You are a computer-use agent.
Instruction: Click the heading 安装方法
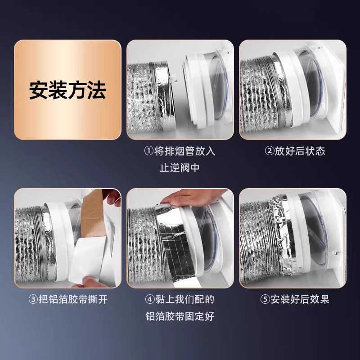point(67,90)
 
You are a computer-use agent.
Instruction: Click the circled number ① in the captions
point(149,151)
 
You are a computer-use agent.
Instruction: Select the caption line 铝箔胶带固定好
point(180,315)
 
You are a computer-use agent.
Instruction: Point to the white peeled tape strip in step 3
point(97,261)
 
